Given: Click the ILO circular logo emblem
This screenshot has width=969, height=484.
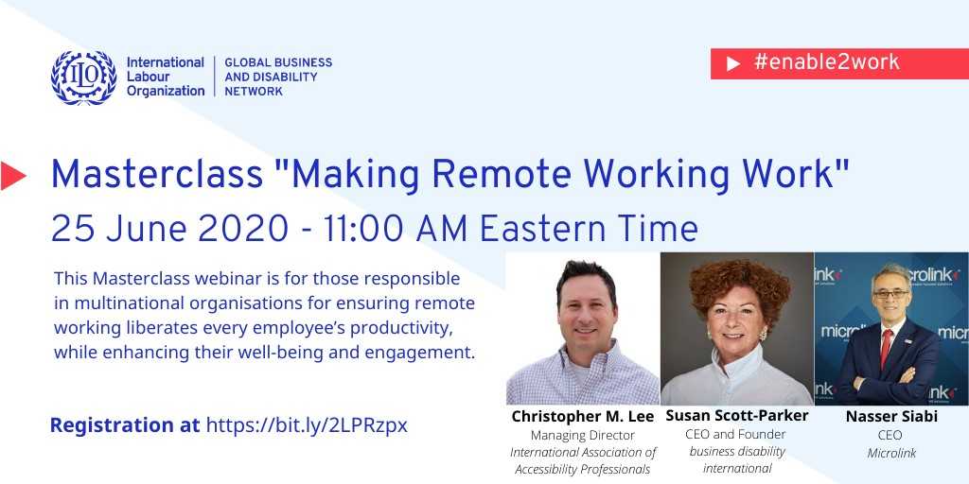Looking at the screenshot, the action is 83,78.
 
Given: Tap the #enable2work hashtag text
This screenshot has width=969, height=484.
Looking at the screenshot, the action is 826,62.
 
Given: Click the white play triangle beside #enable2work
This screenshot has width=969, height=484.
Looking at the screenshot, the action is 733,63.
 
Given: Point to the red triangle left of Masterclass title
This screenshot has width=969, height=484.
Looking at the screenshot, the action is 13,176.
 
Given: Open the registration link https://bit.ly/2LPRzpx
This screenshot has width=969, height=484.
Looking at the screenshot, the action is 307,425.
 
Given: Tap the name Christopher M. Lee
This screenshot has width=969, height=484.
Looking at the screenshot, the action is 582,417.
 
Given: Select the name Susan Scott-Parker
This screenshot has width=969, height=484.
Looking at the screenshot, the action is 736,416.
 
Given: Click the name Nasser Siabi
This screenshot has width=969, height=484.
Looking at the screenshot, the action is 891,417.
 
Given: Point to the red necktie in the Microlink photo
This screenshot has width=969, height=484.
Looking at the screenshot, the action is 886,347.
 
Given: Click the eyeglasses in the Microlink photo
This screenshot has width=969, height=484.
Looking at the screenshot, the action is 890,294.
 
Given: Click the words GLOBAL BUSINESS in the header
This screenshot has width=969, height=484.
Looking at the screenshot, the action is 278,62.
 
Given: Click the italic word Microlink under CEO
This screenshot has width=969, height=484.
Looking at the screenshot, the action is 891,453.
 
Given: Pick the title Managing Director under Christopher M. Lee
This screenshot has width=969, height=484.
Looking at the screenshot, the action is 582,436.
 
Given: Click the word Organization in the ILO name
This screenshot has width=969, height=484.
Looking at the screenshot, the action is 166,92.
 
